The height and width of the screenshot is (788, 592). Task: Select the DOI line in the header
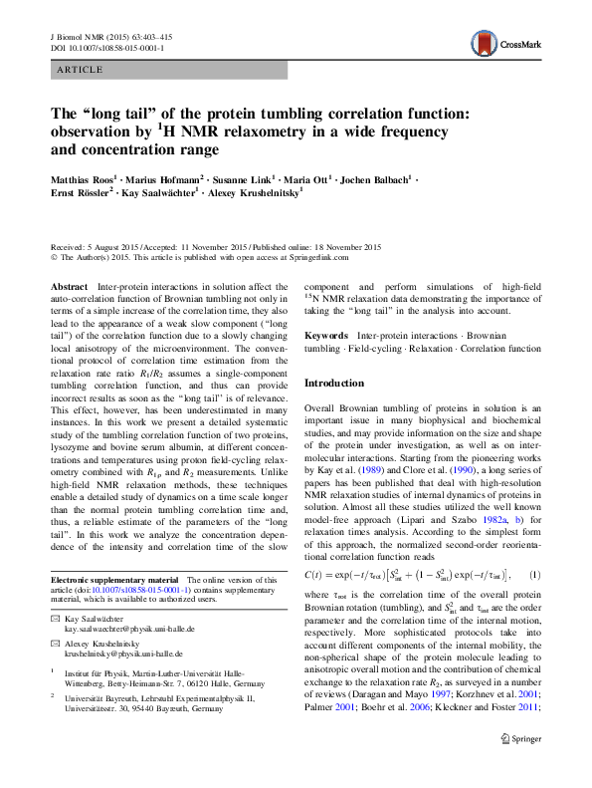tap(107, 47)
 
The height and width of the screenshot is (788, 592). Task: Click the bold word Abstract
tap(69, 287)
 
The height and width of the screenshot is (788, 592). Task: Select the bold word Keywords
tap(326, 336)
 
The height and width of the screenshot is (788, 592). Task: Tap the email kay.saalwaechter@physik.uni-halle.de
tap(130, 629)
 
